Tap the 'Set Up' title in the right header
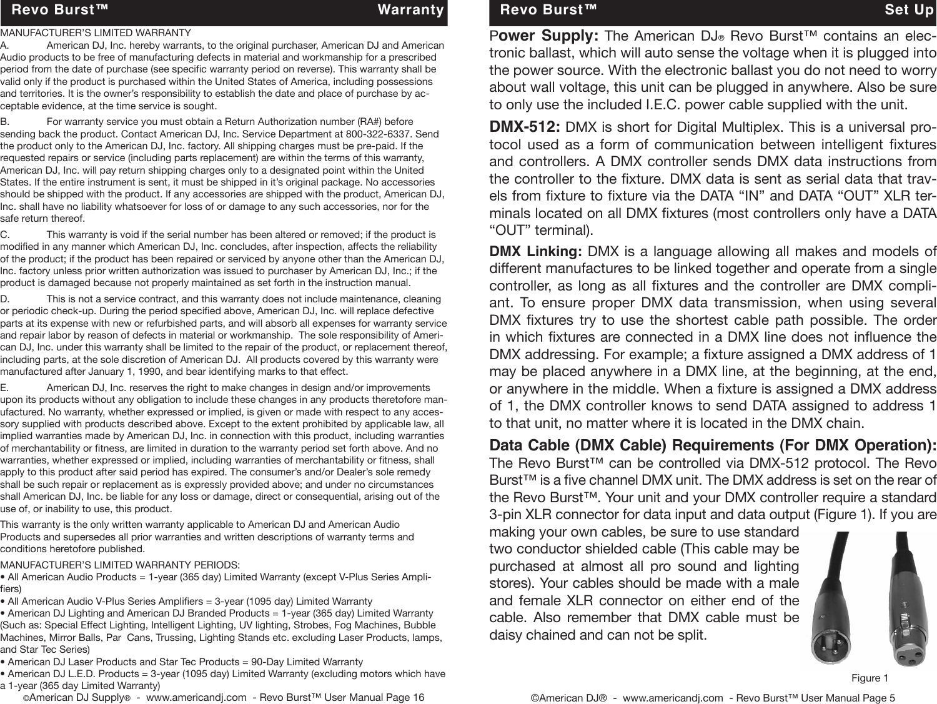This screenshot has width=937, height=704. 909,10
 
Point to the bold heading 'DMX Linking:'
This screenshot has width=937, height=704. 535,252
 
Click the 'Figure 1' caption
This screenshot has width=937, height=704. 870,678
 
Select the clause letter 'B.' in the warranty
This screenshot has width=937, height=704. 5,122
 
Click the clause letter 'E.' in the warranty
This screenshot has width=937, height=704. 5,389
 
